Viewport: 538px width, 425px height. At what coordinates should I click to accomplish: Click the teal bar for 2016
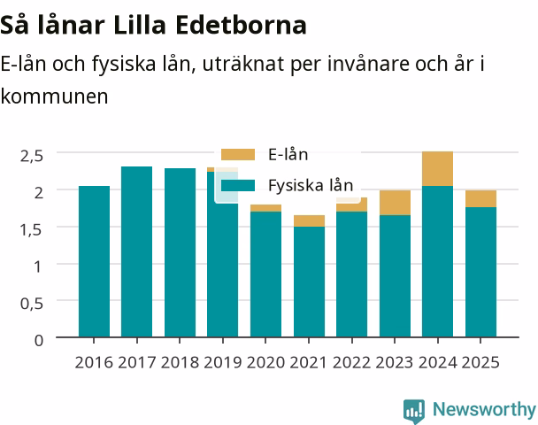click(x=94, y=261)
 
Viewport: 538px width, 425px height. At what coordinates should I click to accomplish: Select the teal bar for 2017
click(x=137, y=252)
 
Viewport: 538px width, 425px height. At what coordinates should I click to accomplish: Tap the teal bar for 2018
click(x=181, y=252)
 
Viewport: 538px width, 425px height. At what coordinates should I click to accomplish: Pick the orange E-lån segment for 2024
click(x=437, y=168)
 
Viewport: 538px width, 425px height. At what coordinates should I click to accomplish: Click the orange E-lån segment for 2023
click(x=395, y=203)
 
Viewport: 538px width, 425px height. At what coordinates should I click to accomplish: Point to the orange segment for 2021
click(x=309, y=221)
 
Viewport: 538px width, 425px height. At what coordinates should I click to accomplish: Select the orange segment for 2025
click(x=480, y=198)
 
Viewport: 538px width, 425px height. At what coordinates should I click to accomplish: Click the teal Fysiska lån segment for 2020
click(x=266, y=274)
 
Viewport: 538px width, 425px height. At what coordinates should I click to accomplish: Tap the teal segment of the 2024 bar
click(x=437, y=261)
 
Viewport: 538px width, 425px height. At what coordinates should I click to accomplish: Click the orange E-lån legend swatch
click(x=238, y=154)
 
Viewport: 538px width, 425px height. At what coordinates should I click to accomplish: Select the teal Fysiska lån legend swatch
click(x=238, y=185)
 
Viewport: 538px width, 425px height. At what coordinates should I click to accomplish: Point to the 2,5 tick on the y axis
click(x=32, y=156)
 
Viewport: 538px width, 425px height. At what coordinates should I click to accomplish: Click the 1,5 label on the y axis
click(x=31, y=229)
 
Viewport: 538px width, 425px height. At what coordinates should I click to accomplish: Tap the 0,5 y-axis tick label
click(x=32, y=304)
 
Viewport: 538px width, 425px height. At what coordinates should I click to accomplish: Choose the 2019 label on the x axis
click(x=223, y=362)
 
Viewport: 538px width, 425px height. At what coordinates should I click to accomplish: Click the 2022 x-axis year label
click(x=351, y=362)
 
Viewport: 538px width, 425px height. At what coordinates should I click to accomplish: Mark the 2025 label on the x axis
click(x=480, y=362)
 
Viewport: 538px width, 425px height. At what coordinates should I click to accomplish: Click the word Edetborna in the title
click(x=242, y=25)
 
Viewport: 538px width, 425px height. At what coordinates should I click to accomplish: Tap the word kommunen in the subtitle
click(x=54, y=97)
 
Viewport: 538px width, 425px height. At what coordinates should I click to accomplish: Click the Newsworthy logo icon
click(x=414, y=411)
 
